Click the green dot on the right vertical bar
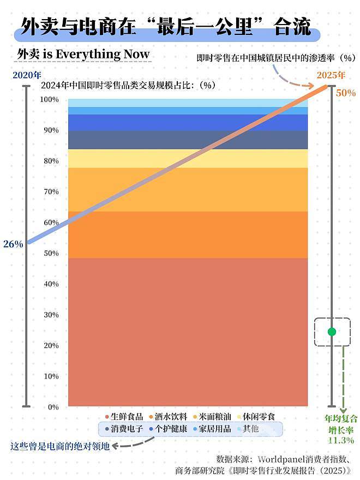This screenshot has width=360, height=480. coord(332,332)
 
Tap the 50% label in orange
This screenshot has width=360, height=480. coord(345,93)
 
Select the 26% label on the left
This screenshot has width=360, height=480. coord(13,244)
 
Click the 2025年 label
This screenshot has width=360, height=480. coord(331,75)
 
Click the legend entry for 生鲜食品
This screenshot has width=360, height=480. coord(124,417)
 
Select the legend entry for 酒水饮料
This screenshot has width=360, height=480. coord(167,417)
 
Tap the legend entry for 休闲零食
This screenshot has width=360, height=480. coord(255,417)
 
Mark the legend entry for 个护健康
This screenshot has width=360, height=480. coord(167,429)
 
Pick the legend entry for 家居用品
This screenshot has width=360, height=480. coord(211,429)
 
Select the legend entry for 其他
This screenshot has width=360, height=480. coord(247,429)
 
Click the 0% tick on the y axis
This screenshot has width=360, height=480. coord(52,407)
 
